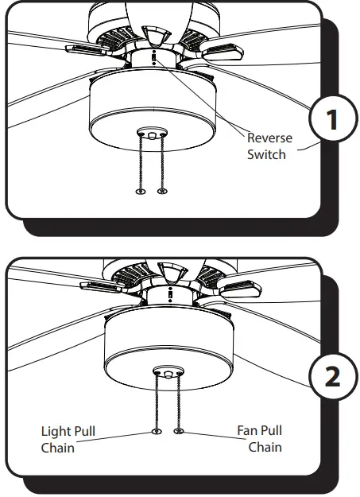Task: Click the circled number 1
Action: (x=332, y=120)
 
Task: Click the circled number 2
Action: (x=332, y=375)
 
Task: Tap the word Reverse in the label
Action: (x=269, y=138)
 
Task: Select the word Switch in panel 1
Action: (x=266, y=153)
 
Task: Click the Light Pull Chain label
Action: (x=68, y=439)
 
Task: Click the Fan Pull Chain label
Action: (x=259, y=439)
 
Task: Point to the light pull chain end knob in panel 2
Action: (x=157, y=432)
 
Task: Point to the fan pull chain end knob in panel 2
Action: (x=178, y=432)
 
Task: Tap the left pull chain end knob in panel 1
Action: (x=140, y=191)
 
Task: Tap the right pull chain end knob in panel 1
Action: (x=163, y=191)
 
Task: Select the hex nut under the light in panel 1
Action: (x=151, y=134)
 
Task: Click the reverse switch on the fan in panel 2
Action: (x=168, y=294)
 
